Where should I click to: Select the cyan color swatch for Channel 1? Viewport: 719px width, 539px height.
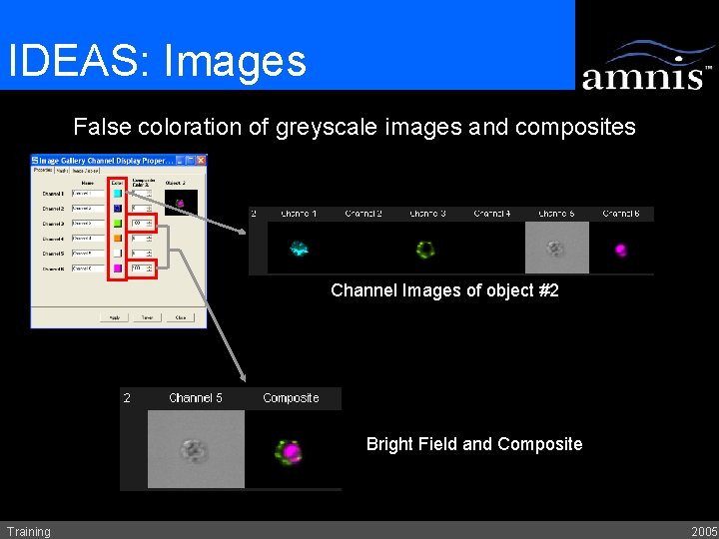pos(118,194)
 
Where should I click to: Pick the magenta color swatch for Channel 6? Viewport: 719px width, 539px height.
pos(118,269)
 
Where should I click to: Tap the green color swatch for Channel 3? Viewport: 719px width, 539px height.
pos(118,224)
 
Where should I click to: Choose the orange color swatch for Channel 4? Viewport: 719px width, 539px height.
pos(118,239)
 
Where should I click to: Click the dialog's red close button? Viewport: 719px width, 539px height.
pos(201,160)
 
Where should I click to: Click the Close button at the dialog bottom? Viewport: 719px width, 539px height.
pos(180,317)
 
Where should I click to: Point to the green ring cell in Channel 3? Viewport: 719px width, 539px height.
pos(426,249)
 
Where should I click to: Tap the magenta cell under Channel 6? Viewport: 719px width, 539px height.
pos(621,249)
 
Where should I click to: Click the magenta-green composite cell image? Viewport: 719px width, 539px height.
pos(291,451)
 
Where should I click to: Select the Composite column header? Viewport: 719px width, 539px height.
pos(291,398)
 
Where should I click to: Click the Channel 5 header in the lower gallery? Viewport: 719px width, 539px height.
pos(196,398)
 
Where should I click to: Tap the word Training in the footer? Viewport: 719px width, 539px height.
pos(28,531)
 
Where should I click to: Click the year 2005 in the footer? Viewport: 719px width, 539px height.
pos(703,531)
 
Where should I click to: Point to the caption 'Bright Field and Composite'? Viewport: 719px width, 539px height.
pos(473,444)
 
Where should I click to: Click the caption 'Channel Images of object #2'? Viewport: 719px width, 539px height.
pos(444,291)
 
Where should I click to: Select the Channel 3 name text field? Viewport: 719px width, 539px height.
pos(87,224)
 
